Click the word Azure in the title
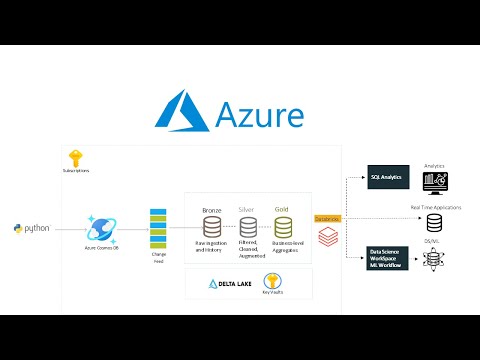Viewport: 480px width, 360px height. [x=259, y=114]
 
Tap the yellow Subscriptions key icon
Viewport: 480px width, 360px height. [x=74, y=158]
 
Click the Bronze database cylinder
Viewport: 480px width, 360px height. [x=212, y=225]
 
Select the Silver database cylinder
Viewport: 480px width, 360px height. [x=247, y=225]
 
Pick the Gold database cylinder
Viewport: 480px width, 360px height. [x=282, y=225]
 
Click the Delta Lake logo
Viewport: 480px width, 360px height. [x=227, y=283]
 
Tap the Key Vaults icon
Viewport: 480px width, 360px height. [x=272, y=280]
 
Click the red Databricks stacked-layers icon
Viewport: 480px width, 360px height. [x=327, y=236]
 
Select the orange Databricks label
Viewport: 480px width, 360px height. [x=327, y=218]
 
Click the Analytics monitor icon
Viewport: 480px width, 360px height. [x=435, y=181]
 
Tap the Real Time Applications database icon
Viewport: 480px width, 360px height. [x=434, y=223]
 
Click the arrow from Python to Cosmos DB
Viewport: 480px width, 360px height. [x=62, y=229]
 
